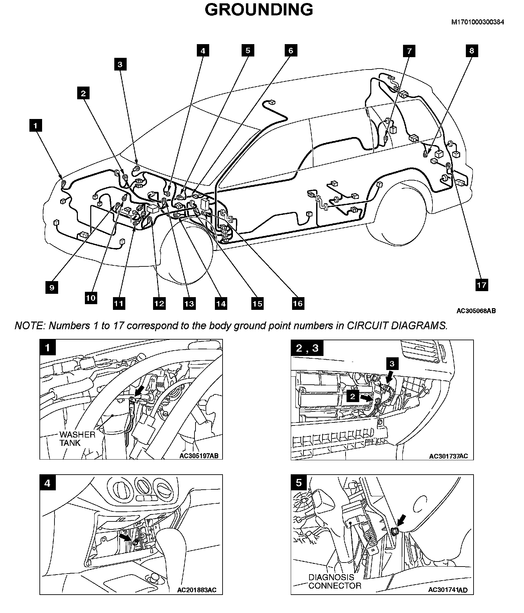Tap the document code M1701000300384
coord(478,22)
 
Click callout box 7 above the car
coord(409,51)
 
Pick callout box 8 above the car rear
coord(472,50)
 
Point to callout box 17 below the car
coord(481,285)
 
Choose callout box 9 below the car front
coord(52,287)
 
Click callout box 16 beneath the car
coord(298,303)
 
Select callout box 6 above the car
coord(290,50)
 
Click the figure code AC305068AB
coord(476,311)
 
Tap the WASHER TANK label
coord(77,439)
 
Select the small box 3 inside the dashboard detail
coord(392,364)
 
